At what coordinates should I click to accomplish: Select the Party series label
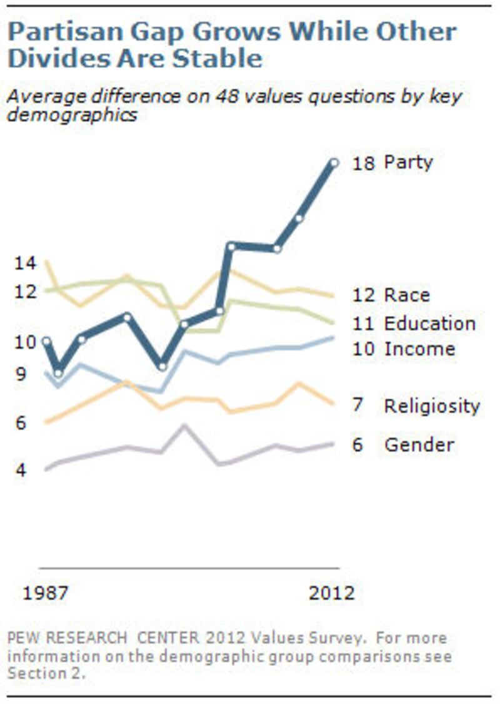(x=407, y=163)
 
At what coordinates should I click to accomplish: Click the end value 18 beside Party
(x=362, y=164)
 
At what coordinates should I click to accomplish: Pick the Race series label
(x=407, y=295)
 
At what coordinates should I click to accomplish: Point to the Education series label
(x=429, y=324)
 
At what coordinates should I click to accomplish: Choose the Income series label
(x=419, y=349)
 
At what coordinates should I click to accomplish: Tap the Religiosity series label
(x=432, y=406)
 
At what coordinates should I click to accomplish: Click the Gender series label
(x=419, y=445)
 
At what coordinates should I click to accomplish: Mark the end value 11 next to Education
(x=362, y=324)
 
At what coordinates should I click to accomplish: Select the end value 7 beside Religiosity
(x=357, y=406)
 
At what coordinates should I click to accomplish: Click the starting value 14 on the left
(x=25, y=264)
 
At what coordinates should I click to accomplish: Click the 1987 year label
(x=46, y=593)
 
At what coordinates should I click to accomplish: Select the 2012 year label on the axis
(x=331, y=593)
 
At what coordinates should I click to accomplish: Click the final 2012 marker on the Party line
(x=334, y=163)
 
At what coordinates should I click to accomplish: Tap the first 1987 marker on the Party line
(x=46, y=342)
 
